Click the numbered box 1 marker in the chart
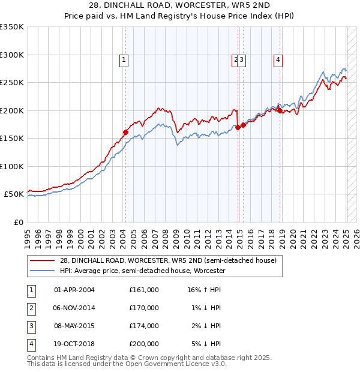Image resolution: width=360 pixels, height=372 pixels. point(124,59)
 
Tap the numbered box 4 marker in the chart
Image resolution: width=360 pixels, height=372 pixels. point(279,59)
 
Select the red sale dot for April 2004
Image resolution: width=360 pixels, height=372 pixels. point(125,133)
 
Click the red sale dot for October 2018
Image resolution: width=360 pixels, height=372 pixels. point(280,110)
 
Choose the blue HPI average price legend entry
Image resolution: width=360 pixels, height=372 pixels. point(142,271)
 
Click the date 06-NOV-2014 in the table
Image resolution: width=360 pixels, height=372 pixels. point(74,308)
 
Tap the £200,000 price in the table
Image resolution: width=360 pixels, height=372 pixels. point(144,344)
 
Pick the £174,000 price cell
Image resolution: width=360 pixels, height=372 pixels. point(144,326)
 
